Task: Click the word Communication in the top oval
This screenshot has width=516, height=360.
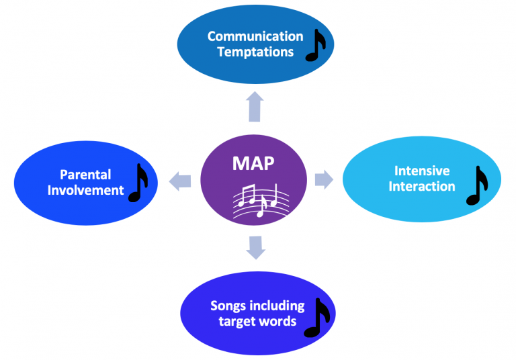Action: point(255,36)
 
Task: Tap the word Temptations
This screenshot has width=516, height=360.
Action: point(255,52)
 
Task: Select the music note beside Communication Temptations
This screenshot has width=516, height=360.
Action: point(315,45)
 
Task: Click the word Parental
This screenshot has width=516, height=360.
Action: point(85,175)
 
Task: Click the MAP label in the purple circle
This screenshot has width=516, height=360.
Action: point(253,164)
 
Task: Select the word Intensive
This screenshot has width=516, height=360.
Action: point(422,170)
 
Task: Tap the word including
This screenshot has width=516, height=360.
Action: point(277,306)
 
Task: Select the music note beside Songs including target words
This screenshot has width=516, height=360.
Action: point(317,316)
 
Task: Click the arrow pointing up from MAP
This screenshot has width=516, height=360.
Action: point(255,107)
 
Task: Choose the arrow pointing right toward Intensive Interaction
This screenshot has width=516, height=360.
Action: point(324,179)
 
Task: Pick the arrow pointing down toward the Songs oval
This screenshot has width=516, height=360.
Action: point(255,247)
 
